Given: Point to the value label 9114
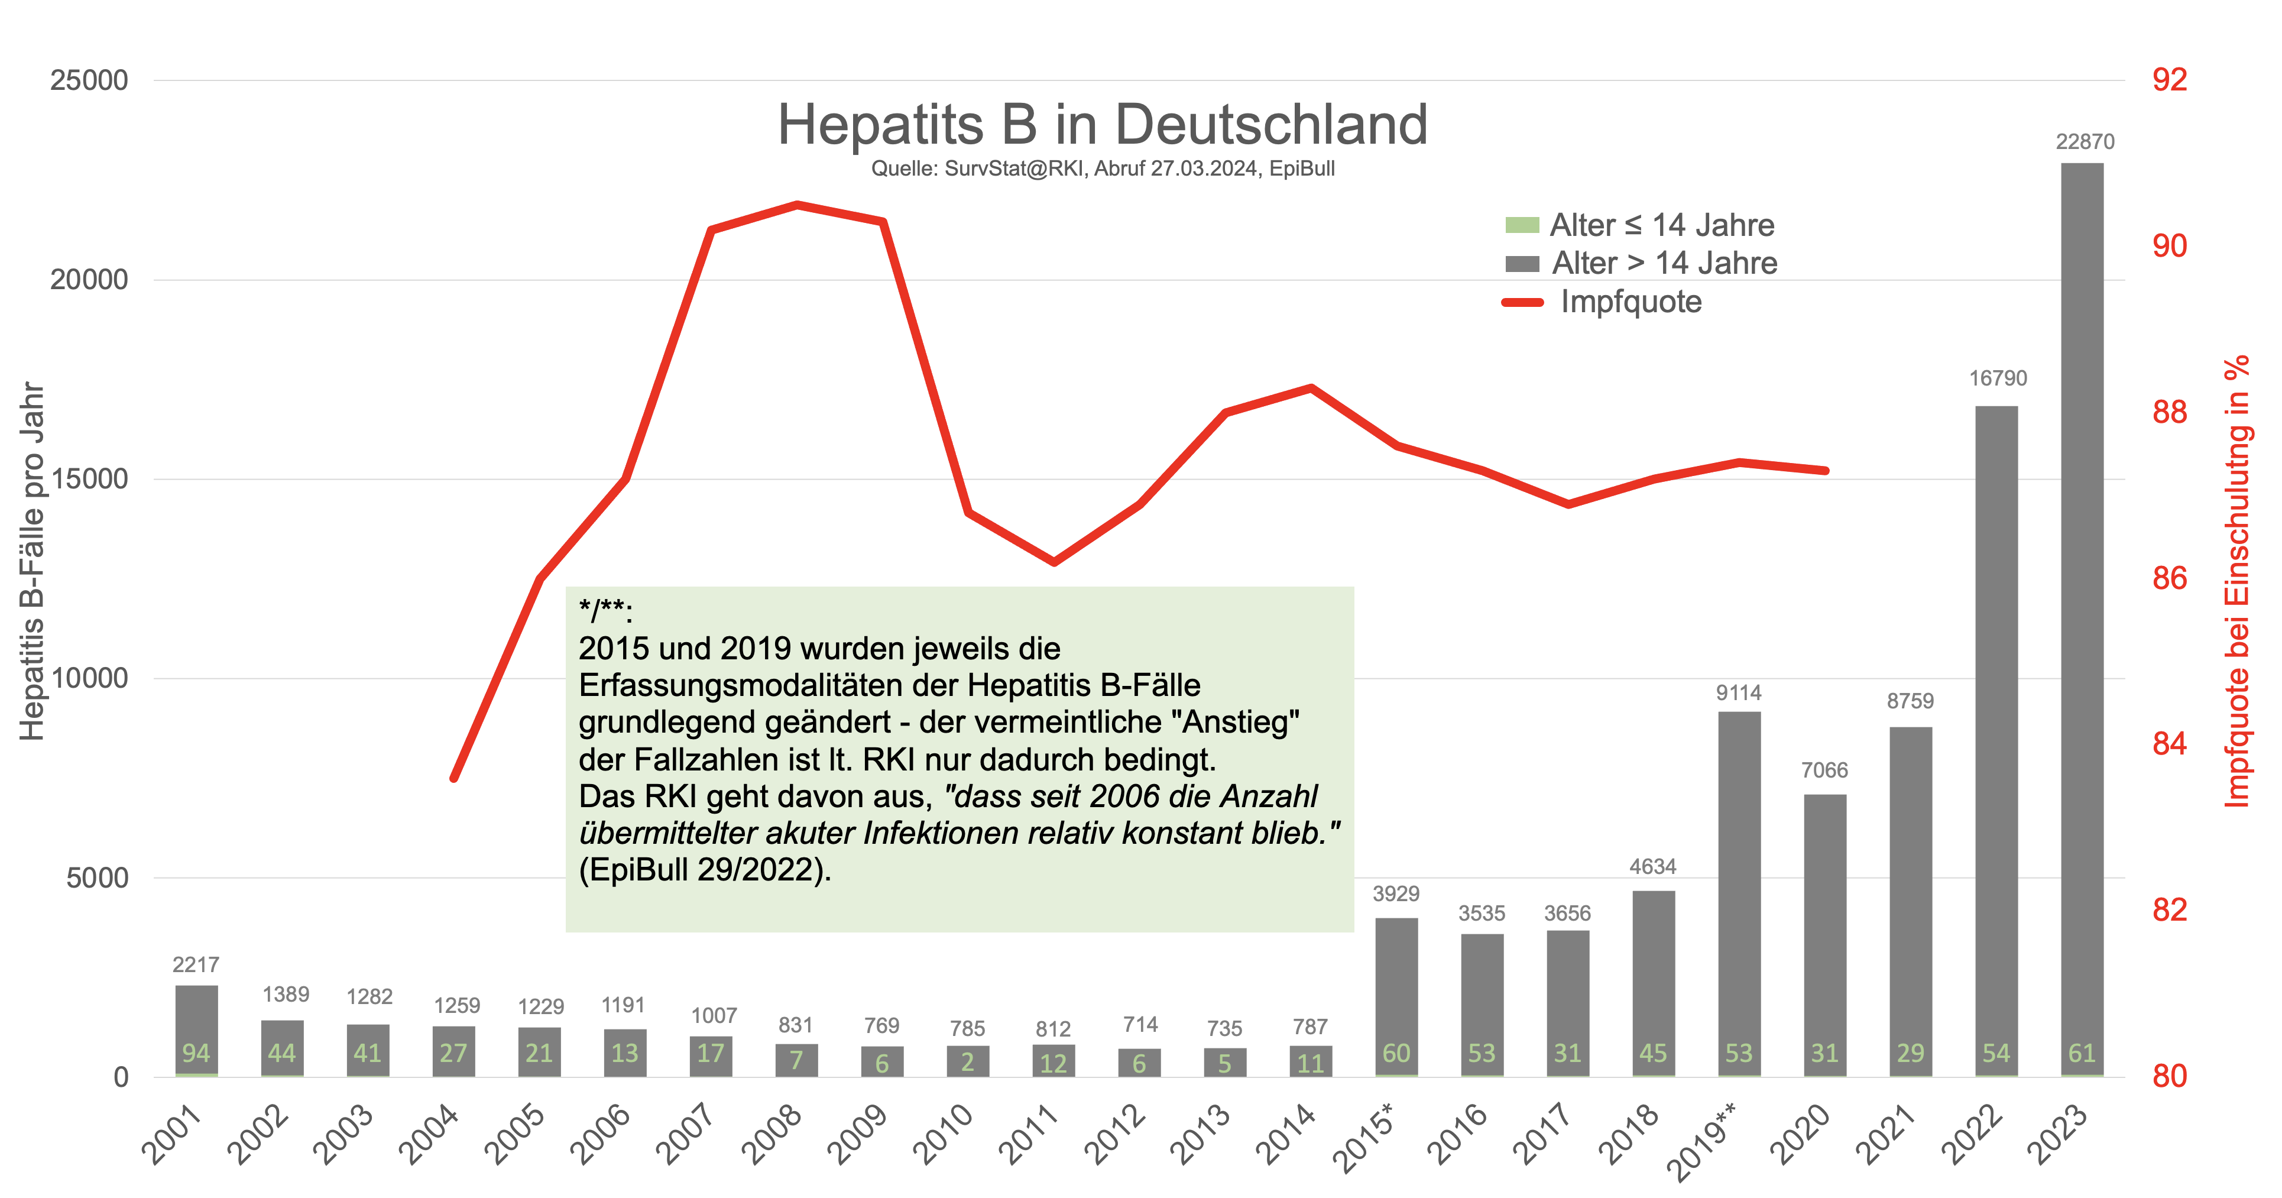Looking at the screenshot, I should pos(1738,693).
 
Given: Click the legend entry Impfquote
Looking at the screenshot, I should pos(1630,302).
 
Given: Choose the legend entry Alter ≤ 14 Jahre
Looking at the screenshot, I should pos(1661,225).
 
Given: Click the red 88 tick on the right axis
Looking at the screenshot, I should pos(2170,412).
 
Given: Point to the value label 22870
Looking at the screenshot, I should pos(2085,142).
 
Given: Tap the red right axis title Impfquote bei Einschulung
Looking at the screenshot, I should pos(2237,581).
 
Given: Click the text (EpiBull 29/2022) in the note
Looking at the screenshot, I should pos(704,870).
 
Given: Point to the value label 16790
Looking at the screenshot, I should pos(1998,378).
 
